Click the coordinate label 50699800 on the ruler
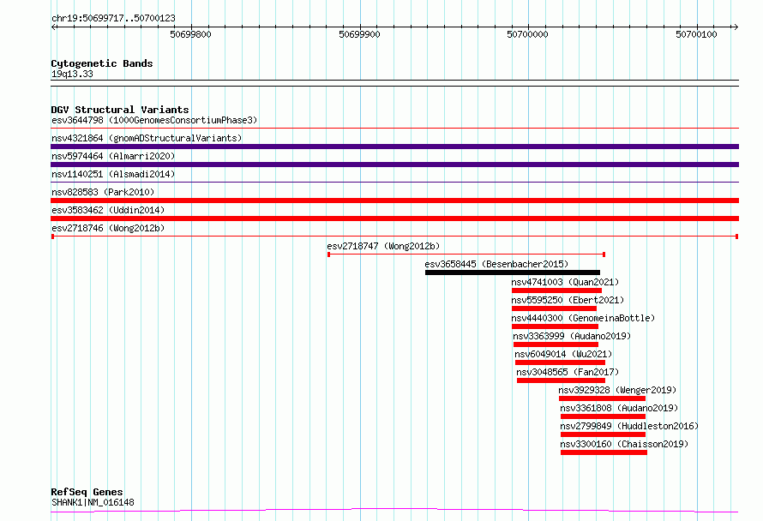190,34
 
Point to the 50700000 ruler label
527,34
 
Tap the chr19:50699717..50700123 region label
113,18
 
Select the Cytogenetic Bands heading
102,63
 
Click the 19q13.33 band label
72,74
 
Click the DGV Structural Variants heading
120,110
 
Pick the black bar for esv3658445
513,272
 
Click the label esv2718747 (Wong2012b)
383,246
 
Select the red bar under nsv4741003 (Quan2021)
556,290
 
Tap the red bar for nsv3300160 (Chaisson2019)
604,452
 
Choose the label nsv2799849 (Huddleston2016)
629,426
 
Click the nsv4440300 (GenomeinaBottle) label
583,318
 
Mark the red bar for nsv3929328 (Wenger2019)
602,398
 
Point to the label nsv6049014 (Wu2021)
563,354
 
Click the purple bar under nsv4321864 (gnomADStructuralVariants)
394,147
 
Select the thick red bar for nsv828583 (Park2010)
394,201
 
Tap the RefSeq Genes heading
87,492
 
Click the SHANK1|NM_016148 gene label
93,502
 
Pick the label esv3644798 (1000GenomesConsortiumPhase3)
154,120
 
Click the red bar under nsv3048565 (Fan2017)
561,380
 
